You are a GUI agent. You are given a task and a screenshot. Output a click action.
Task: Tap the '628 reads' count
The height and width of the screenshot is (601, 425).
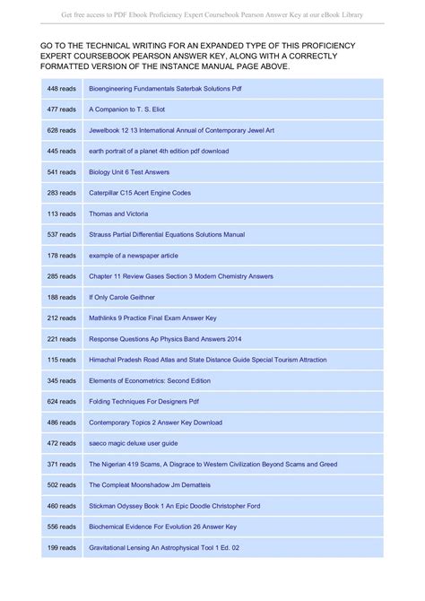point(62,130)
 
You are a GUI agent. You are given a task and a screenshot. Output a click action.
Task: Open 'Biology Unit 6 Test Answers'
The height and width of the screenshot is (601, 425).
point(129,171)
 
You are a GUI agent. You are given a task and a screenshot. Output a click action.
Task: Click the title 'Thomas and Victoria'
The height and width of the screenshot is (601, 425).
point(118,213)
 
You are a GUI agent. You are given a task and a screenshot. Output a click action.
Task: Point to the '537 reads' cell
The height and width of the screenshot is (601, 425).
point(62,234)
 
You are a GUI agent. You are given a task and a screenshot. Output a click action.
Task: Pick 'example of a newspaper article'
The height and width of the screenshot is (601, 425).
point(134,255)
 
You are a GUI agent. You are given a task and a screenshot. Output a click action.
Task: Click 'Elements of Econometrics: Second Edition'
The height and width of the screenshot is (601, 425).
point(149,380)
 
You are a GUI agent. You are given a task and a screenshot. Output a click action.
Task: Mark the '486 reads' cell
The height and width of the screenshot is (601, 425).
point(62,422)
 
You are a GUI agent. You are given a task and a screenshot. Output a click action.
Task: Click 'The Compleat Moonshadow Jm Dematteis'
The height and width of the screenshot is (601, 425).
point(148,484)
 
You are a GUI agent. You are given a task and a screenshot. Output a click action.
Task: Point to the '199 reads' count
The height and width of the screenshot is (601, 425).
point(62,547)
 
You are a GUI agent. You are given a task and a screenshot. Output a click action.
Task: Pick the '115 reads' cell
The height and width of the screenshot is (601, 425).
point(62,360)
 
